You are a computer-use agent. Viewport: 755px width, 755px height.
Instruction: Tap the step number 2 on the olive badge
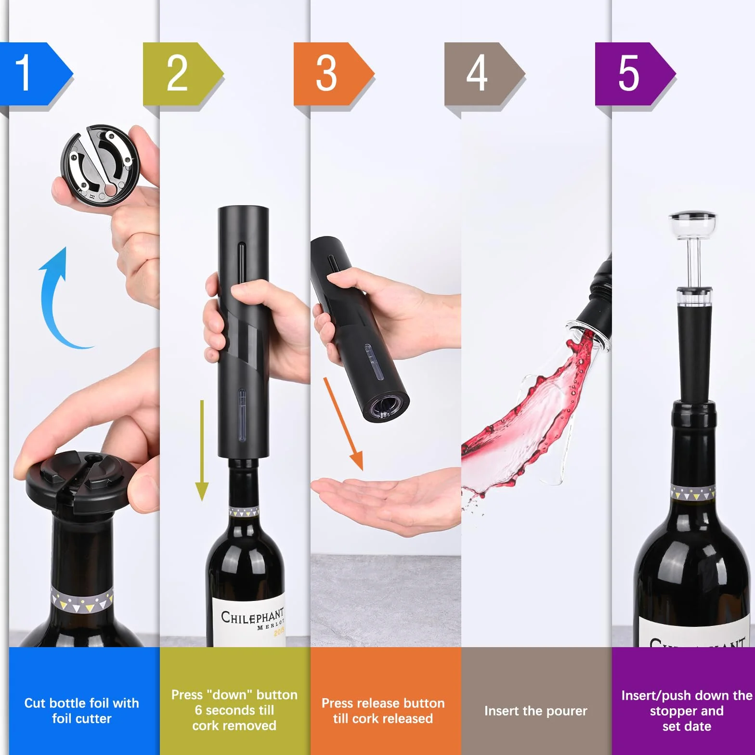click(x=177, y=73)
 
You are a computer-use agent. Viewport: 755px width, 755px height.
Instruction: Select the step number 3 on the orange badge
click(x=326, y=73)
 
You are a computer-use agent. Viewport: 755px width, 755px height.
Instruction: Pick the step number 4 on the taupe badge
click(x=477, y=73)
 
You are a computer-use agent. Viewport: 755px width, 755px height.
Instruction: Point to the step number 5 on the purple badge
click(x=628, y=73)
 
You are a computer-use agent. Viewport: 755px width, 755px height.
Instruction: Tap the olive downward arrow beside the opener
click(x=202, y=450)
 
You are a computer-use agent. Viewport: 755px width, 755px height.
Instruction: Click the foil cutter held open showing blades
click(x=100, y=164)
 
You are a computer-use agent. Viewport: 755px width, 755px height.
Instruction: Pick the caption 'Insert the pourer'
click(x=536, y=711)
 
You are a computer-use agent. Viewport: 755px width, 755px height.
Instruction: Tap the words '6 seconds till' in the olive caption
click(x=234, y=710)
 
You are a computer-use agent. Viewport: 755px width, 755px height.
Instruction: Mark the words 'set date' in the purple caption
click(x=687, y=726)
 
